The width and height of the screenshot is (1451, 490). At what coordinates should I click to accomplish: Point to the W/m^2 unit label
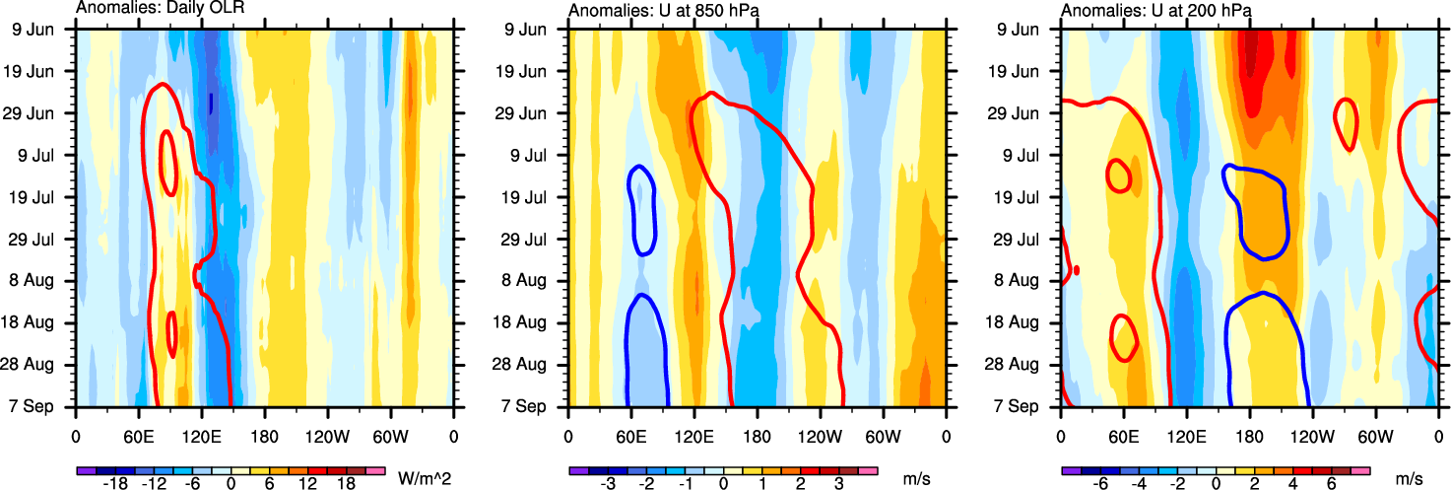tap(418, 477)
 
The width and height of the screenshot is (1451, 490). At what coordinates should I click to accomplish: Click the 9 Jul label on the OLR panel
tap(42, 155)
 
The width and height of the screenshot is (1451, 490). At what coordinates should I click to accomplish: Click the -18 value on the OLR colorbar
tap(115, 485)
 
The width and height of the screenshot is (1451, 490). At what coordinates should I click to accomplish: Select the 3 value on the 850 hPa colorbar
tap(837, 485)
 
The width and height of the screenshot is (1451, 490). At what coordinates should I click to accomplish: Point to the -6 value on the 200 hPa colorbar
tap(1100, 485)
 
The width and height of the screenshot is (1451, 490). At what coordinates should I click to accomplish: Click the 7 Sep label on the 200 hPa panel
tap(1027, 406)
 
